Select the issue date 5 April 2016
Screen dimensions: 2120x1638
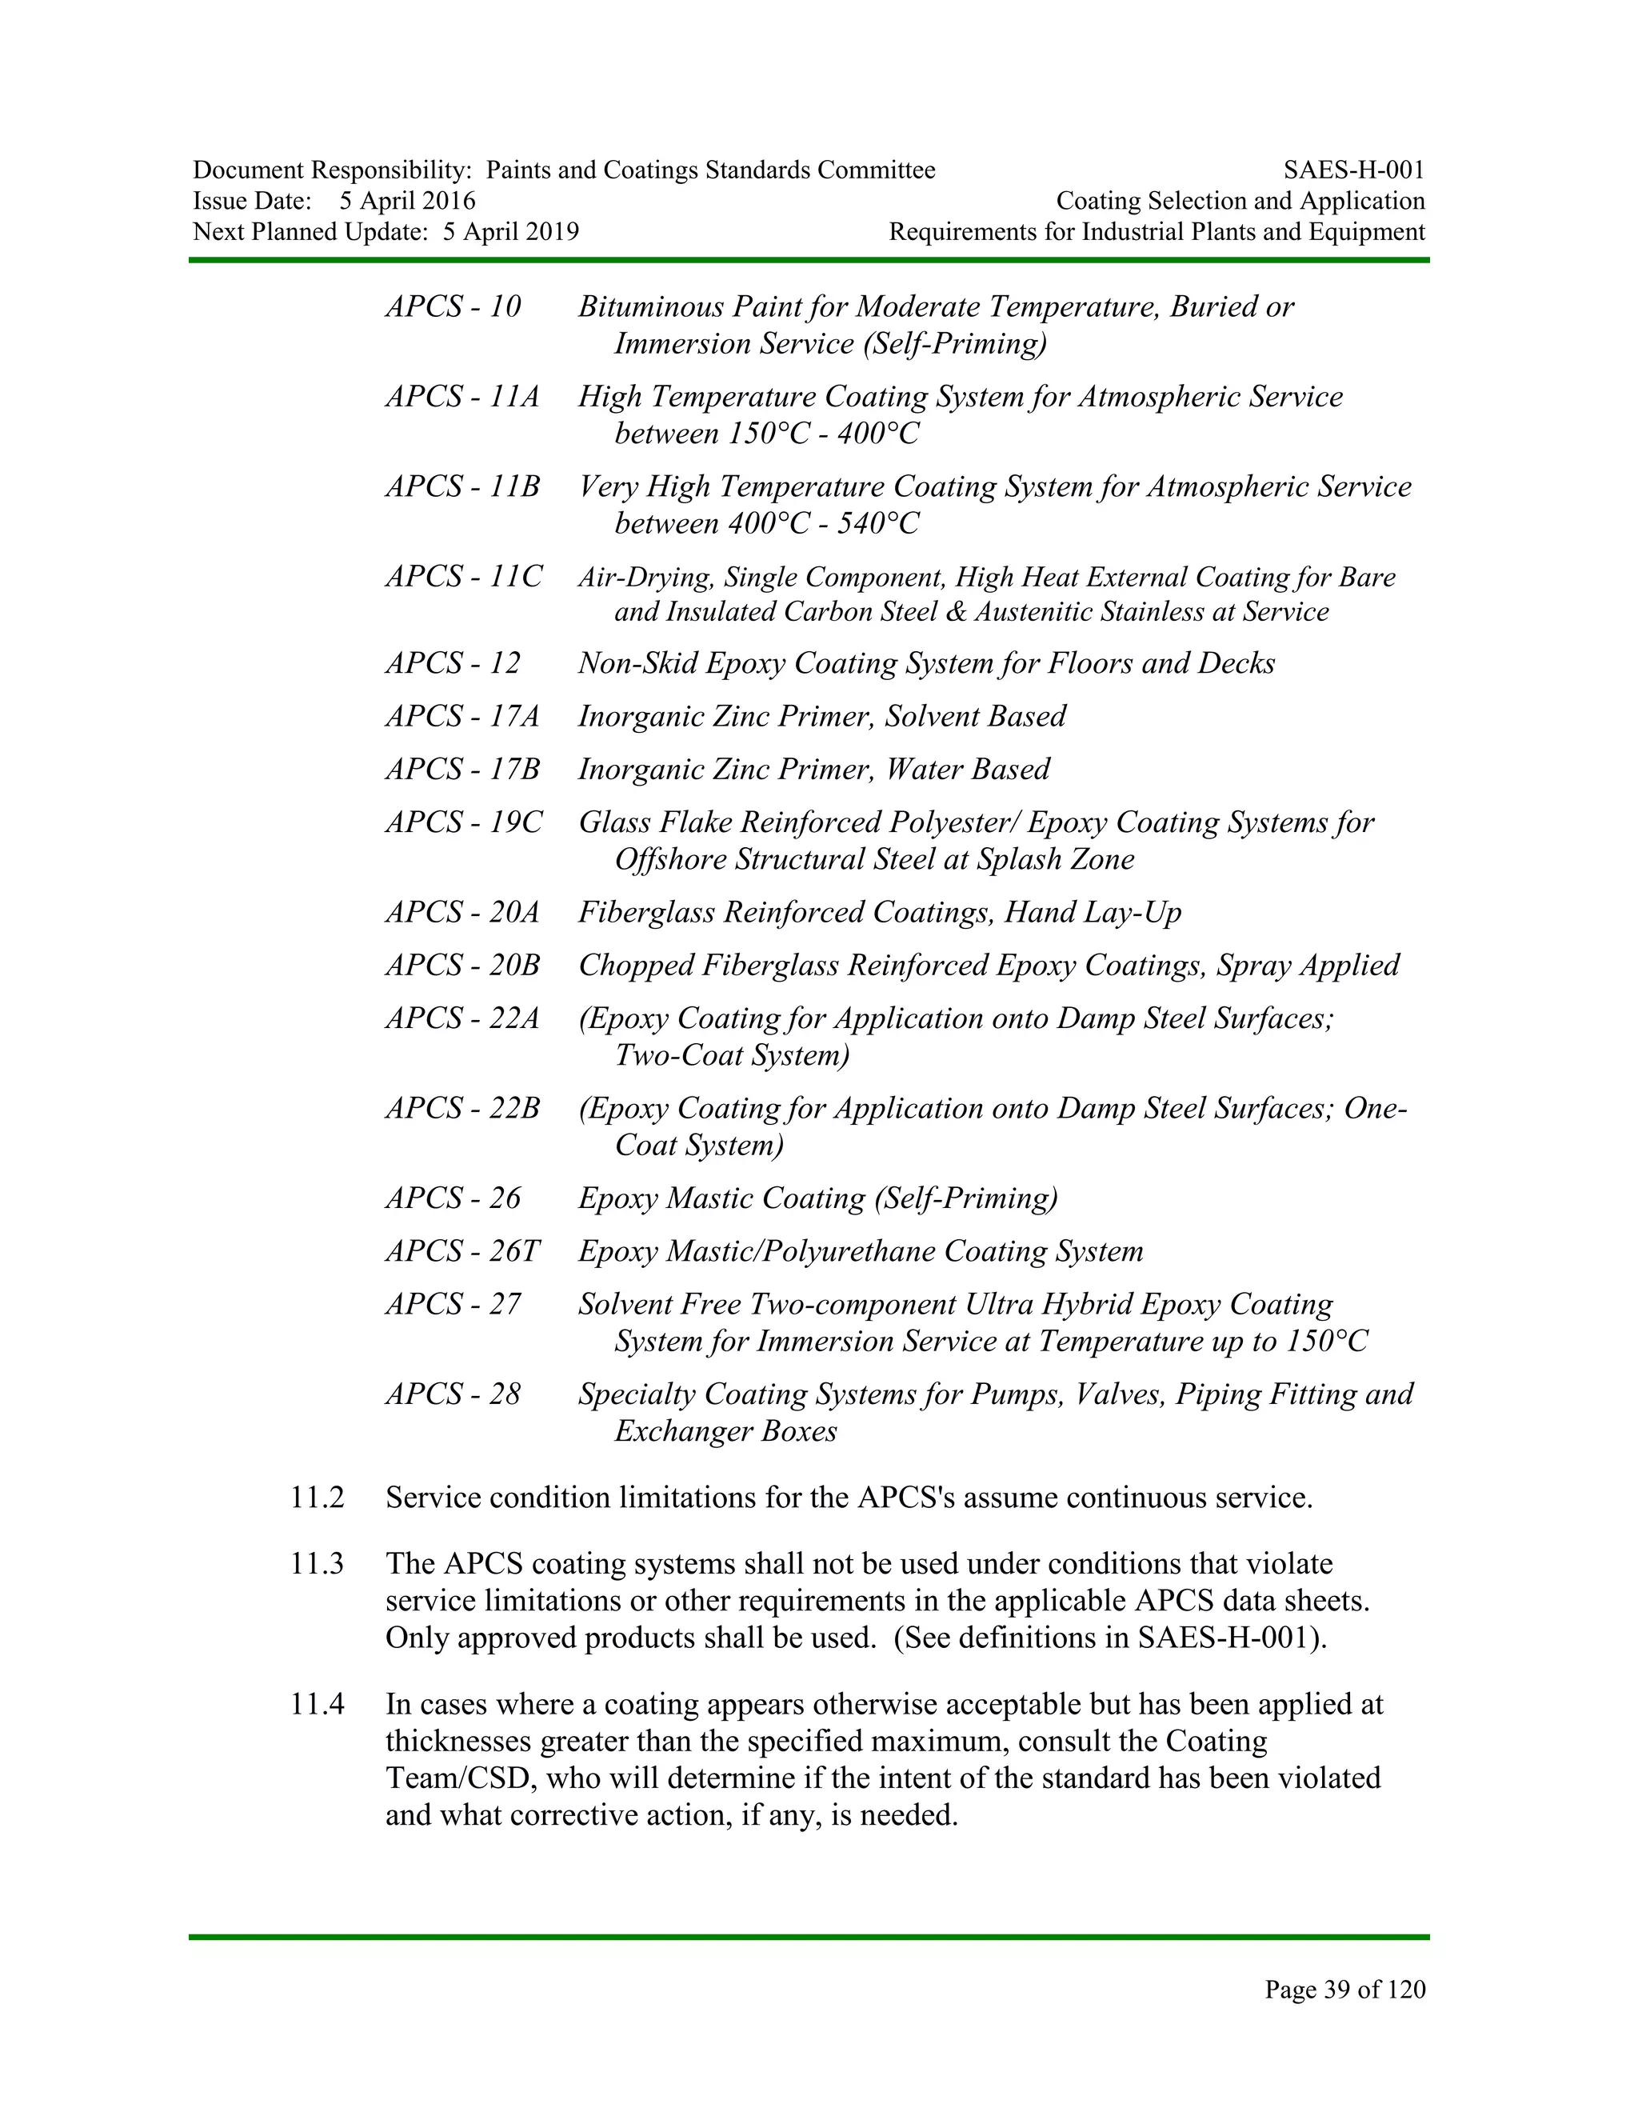pos(408,201)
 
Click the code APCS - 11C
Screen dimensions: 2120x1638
pos(463,577)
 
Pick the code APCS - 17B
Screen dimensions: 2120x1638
pos(462,769)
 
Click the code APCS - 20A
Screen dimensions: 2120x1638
pos(462,913)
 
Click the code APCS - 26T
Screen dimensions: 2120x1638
pos(462,1251)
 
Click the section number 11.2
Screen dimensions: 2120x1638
pos(317,1497)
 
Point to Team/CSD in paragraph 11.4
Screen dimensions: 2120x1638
pos(447,1778)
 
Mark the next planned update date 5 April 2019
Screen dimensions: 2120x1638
pos(510,232)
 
